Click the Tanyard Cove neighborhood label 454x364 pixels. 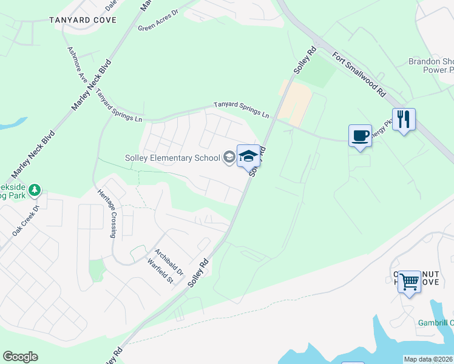(x=83, y=19)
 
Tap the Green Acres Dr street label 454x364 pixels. (x=156, y=22)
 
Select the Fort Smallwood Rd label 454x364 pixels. (x=359, y=74)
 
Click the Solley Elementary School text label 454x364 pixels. (x=172, y=158)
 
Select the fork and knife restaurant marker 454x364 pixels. (x=403, y=120)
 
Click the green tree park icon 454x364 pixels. (x=35, y=191)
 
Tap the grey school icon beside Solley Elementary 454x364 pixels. (x=229, y=158)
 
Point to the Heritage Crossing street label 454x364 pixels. (x=107, y=212)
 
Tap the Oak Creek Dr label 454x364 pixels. (x=25, y=221)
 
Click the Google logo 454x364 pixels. (x=20, y=357)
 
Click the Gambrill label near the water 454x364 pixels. (x=435, y=323)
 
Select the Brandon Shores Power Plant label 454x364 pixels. (x=431, y=66)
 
